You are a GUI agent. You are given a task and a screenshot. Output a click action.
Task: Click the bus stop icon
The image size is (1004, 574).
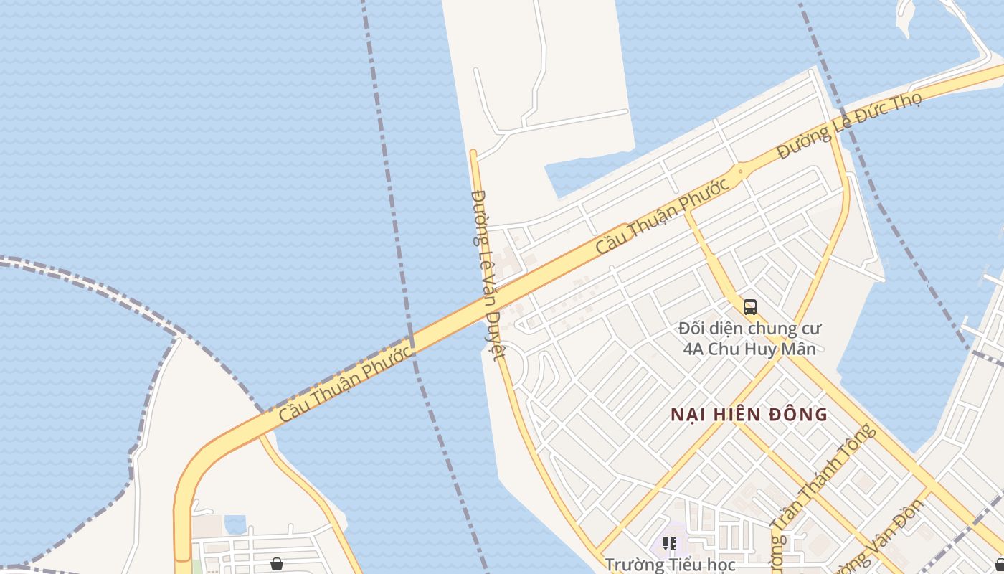[750, 307]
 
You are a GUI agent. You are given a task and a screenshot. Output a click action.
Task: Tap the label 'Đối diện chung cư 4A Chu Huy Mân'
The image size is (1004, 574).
[750, 339]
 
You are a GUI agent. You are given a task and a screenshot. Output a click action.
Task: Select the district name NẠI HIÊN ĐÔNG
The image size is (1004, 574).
[749, 415]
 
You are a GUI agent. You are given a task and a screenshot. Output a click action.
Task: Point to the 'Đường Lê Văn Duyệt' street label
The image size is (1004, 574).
[488, 273]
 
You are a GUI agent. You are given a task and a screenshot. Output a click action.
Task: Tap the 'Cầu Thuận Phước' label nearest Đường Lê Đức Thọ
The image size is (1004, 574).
[663, 215]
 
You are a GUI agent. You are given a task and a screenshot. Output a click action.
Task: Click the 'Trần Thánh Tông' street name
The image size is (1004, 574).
[825, 488]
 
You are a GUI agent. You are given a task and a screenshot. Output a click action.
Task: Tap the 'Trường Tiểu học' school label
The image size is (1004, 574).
[670, 565]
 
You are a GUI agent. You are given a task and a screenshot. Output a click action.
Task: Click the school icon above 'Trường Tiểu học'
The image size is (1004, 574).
[670, 544]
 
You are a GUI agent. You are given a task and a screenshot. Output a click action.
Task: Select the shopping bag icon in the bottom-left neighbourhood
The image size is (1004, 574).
[277, 564]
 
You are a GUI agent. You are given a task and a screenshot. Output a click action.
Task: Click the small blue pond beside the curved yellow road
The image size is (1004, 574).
[235, 524]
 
